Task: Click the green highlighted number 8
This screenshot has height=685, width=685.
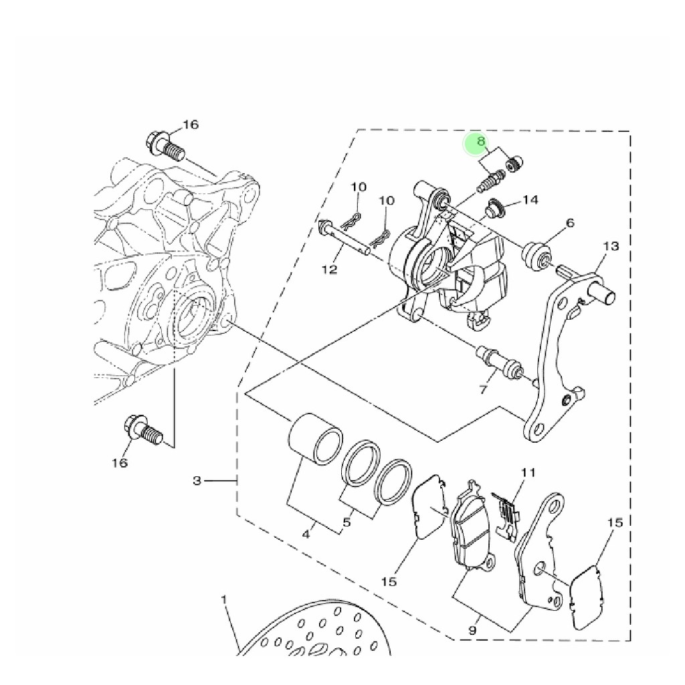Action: click(x=480, y=142)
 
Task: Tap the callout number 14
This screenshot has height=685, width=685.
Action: click(x=530, y=200)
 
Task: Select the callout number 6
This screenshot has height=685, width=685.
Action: click(x=570, y=223)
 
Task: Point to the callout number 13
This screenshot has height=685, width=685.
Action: click(x=611, y=246)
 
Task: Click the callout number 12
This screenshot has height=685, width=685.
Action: click(x=330, y=270)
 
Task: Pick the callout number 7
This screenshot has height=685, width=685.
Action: click(x=483, y=389)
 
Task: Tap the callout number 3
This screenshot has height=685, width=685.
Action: click(x=197, y=481)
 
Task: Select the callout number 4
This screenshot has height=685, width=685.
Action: click(x=306, y=534)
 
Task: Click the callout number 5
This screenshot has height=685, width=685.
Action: click(x=347, y=522)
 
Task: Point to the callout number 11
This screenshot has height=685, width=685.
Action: click(x=528, y=472)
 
